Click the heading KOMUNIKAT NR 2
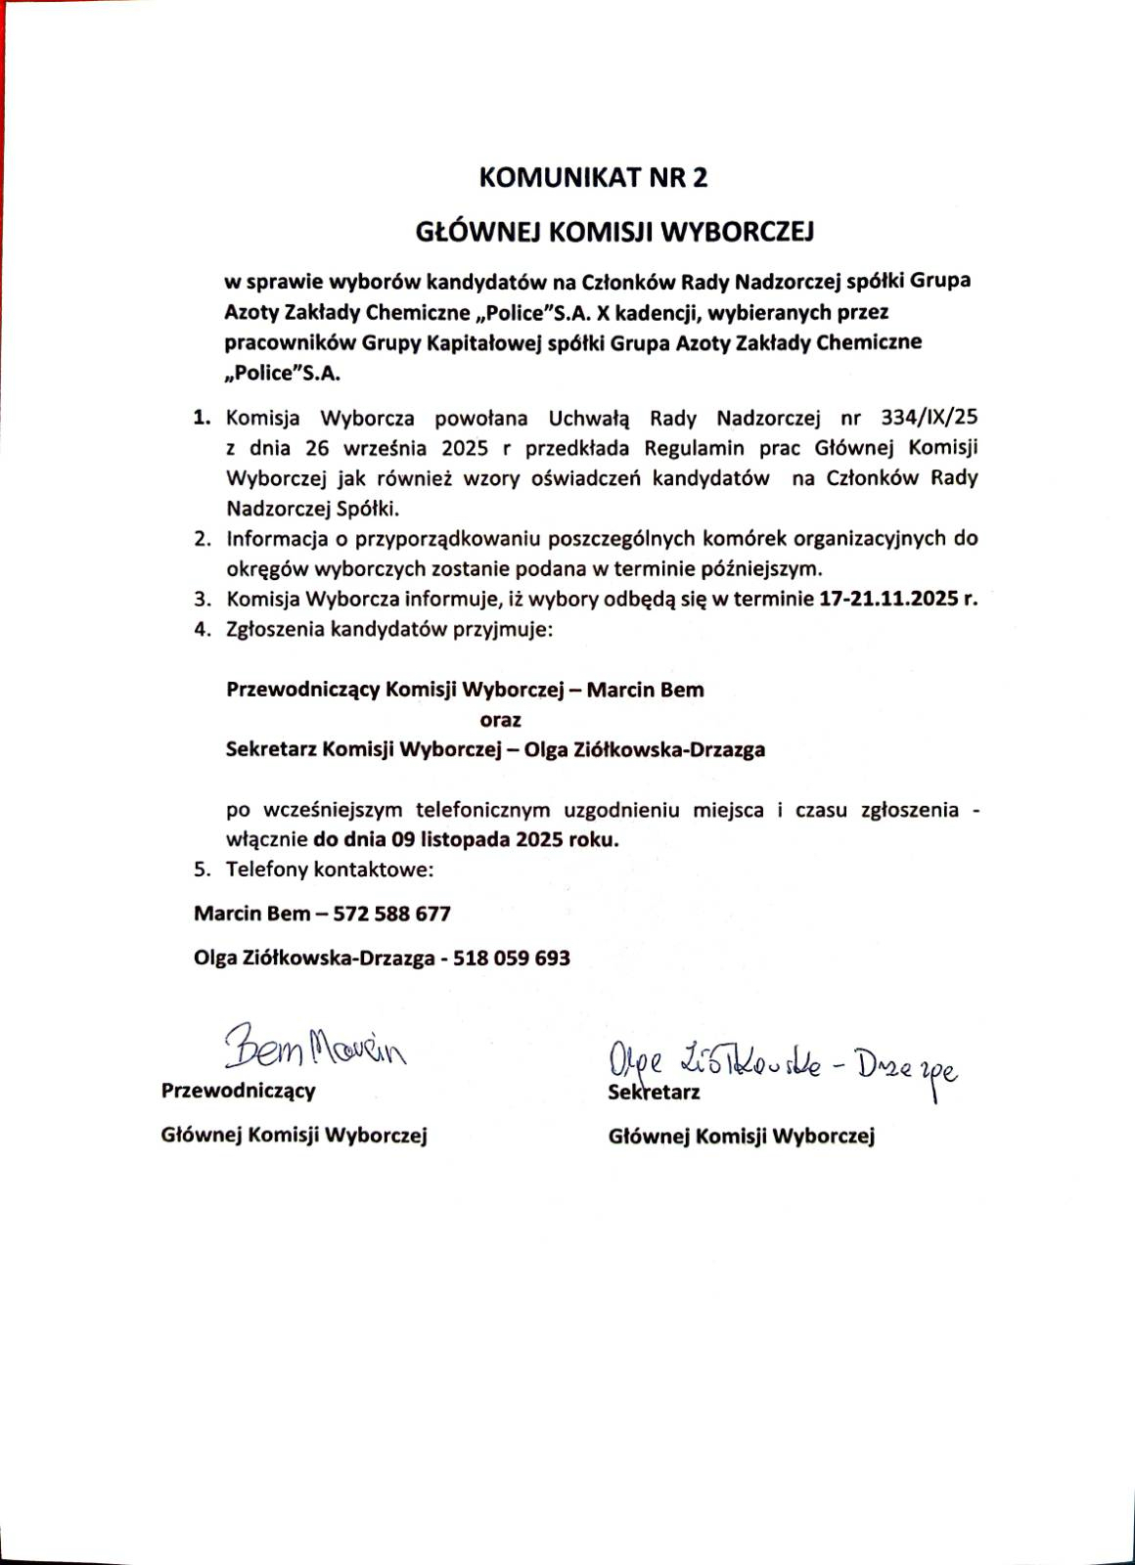click(x=592, y=178)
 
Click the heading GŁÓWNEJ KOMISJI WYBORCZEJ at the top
click(x=615, y=233)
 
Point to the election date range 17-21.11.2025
click(x=888, y=600)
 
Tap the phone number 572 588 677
click(x=391, y=914)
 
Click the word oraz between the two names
click(x=500, y=720)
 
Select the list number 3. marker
click(x=203, y=600)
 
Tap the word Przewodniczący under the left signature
click(x=239, y=1092)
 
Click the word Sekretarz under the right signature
click(x=655, y=1093)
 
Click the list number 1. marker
click(x=203, y=419)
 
